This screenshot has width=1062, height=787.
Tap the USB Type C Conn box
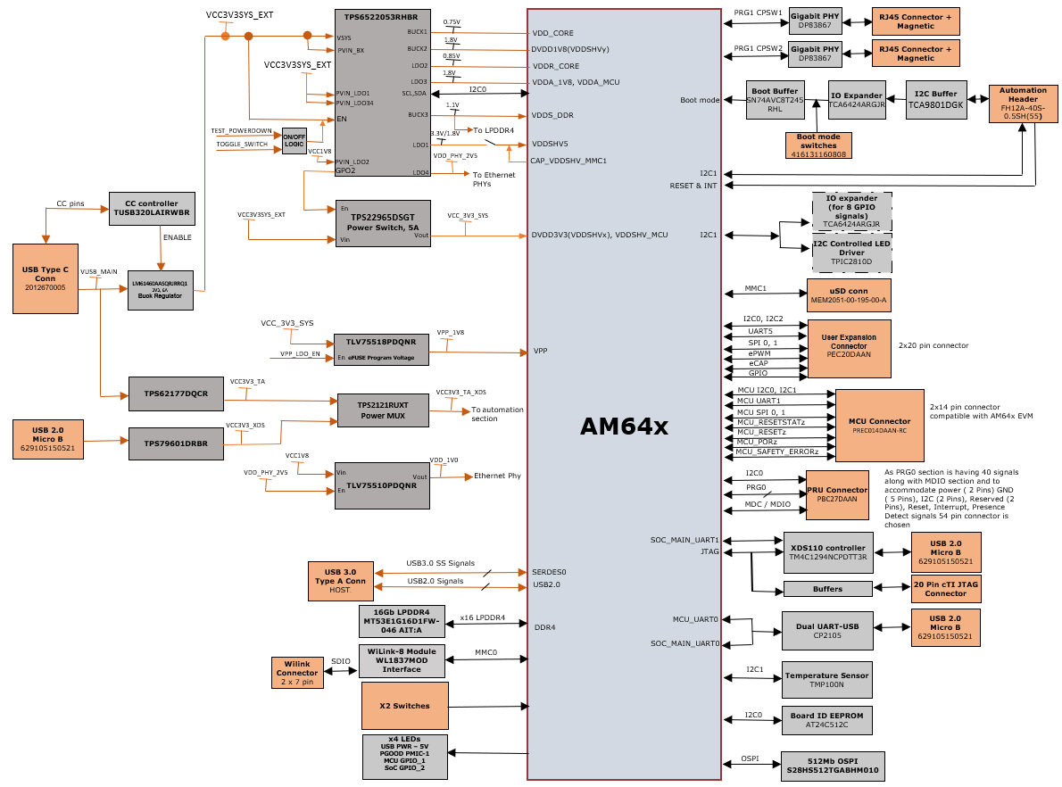click(x=46, y=278)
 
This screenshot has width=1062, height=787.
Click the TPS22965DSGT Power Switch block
click(x=382, y=223)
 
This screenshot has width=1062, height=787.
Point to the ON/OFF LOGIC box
click(x=294, y=141)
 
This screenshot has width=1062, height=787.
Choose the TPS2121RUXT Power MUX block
click(x=383, y=410)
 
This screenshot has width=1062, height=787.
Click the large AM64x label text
click(x=624, y=427)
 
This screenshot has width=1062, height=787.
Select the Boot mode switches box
click(x=818, y=145)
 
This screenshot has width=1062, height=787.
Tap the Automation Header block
click(x=1023, y=103)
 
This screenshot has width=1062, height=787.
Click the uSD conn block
click(x=848, y=294)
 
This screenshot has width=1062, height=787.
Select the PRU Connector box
click(x=837, y=494)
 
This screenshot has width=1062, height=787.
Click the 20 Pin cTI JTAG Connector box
click(x=945, y=588)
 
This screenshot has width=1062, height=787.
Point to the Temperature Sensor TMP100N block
click(x=826, y=680)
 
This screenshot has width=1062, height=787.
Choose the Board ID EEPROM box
click(x=826, y=719)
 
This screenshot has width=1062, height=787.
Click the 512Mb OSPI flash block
click(x=833, y=765)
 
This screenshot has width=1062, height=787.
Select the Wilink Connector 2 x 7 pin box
click(x=297, y=672)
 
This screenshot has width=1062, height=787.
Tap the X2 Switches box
click(x=404, y=706)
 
